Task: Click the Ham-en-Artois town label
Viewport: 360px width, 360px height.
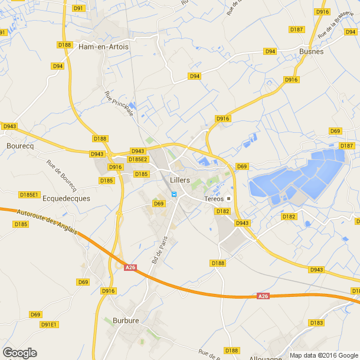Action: (x=104, y=47)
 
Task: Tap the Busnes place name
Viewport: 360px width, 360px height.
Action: (x=312, y=51)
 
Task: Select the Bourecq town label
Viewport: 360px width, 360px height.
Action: (x=20, y=145)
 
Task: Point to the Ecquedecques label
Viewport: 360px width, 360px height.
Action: (x=67, y=198)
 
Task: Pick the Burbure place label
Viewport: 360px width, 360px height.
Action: (x=125, y=321)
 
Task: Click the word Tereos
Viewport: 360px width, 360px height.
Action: (x=214, y=198)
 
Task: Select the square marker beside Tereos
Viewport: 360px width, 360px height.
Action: (x=229, y=198)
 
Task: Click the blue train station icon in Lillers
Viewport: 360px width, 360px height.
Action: (x=174, y=194)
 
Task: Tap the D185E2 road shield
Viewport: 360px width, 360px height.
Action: (x=138, y=159)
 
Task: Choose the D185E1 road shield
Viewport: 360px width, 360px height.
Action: (x=29, y=194)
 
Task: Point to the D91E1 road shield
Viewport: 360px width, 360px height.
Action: (x=50, y=325)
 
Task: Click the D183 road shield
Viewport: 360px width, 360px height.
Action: (x=316, y=322)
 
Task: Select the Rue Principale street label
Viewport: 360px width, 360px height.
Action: (x=119, y=103)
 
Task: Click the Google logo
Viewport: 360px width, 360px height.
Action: (x=19, y=353)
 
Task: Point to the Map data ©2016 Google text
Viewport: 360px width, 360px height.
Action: (x=323, y=355)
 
